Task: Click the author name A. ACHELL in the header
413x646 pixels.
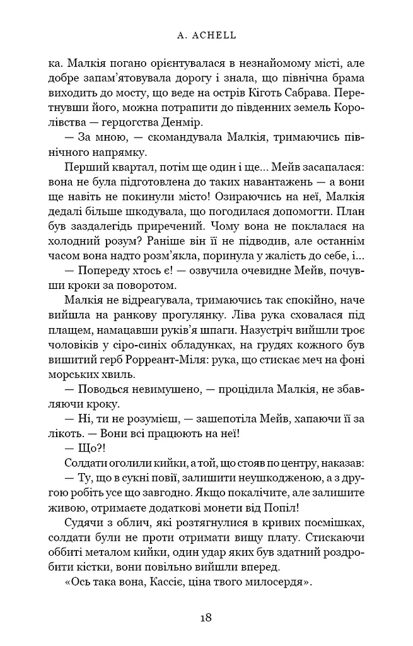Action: coord(207,36)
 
